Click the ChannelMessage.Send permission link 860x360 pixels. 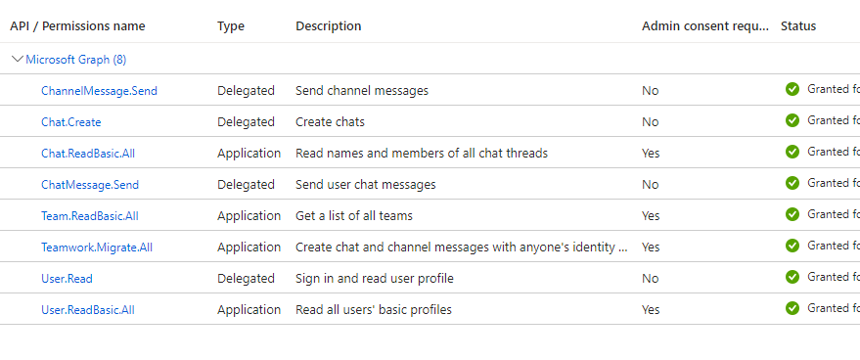99,91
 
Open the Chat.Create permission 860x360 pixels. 70,122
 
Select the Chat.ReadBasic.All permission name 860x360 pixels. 88,154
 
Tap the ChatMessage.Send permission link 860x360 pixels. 90,185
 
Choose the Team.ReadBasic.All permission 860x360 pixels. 90,216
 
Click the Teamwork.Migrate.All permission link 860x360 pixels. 97,247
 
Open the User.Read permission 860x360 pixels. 67,279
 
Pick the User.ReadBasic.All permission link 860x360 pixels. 88,310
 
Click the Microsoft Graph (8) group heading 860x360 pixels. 75,60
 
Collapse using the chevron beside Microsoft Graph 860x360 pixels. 17,59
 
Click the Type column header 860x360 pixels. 231,26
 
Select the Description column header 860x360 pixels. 328,26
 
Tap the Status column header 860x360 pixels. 797,26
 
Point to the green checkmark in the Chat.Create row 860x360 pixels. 792,120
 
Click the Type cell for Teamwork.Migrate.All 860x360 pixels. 249,247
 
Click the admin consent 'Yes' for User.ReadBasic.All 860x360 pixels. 651,310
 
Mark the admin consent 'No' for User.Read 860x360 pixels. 650,279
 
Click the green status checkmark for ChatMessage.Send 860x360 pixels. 792,183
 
